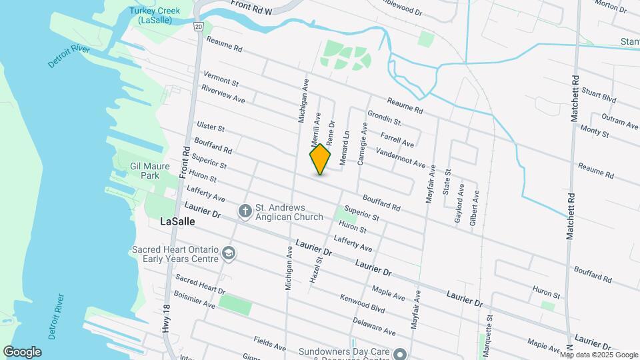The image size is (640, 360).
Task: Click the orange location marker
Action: (320, 159)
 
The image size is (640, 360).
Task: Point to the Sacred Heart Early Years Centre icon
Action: (229, 253)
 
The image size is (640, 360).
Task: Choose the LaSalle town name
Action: (177, 222)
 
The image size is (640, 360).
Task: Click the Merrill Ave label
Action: (316, 129)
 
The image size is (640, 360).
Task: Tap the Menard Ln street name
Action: (345, 147)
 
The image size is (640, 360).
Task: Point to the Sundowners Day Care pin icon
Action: (399, 353)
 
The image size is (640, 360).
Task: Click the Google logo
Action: (22, 351)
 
